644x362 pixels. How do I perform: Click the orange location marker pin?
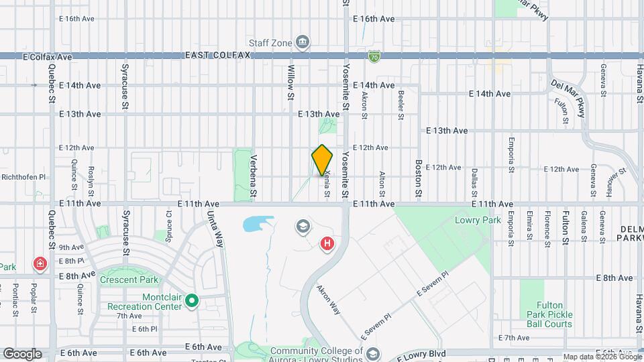323,160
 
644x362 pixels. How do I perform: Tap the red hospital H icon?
327,244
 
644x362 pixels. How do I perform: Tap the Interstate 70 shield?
373,57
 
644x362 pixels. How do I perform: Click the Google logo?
23,353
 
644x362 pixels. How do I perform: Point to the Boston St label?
418,178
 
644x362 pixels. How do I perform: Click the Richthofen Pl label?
23,178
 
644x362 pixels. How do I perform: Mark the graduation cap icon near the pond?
304,227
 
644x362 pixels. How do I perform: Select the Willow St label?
291,82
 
